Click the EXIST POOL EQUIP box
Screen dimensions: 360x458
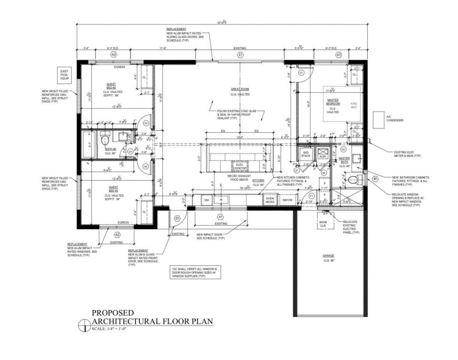point(64,75)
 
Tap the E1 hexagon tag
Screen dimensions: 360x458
point(240,55)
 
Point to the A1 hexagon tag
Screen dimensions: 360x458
point(220,217)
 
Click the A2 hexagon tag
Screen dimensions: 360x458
point(117,235)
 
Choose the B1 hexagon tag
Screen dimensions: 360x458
point(375,179)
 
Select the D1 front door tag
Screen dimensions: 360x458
point(177,218)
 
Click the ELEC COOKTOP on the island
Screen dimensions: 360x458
point(239,166)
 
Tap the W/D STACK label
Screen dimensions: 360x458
point(306,154)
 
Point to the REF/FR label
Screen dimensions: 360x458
point(288,200)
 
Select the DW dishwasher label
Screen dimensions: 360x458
point(206,200)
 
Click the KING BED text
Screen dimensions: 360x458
point(354,106)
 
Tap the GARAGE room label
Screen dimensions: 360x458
point(328,256)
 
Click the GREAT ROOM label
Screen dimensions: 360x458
point(240,89)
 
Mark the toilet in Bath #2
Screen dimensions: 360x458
point(105,138)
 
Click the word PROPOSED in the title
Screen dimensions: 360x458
point(113,313)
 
